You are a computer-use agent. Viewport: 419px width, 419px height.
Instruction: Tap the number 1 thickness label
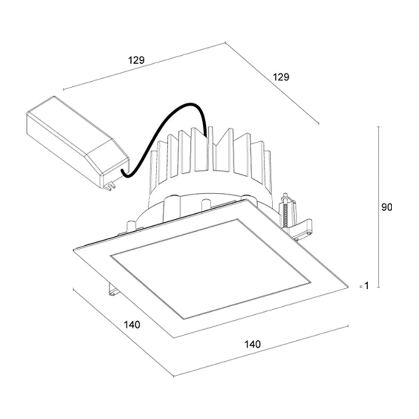point(367,286)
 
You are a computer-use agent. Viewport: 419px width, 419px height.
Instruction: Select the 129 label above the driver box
point(136,60)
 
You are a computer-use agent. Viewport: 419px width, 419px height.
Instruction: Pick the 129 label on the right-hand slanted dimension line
point(281,77)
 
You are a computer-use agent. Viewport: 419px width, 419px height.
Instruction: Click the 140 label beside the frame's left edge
point(132,325)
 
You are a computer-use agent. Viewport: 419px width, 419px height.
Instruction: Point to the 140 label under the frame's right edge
point(253,344)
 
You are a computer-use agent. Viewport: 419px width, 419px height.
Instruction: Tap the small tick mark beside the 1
point(361,287)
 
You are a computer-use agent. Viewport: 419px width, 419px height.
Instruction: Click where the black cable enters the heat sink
point(206,135)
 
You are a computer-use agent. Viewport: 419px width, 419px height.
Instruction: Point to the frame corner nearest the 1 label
point(348,287)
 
